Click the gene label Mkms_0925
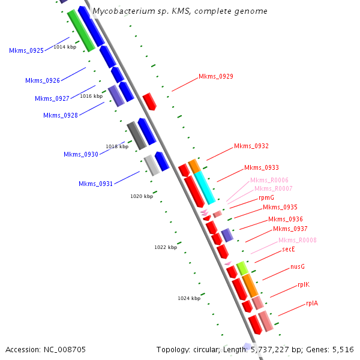pyautogui.click(x=26, y=51)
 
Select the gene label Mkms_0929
pyautogui.click(x=216, y=77)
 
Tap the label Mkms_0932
pyautogui.click(x=251, y=146)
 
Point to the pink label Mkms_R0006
pyautogui.click(x=269, y=180)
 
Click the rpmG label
pyautogui.click(x=266, y=197)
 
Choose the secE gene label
pyautogui.click(x=289, y=250)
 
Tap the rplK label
pyautogui.click(x=304, y=284)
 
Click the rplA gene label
pyautogui.click(x=312, y=303)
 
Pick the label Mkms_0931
pyautogui.click(x=95, y=184)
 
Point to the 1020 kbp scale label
pyautogui.click(x=142, y=196)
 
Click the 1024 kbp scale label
pyautogui.click(x=188, y=298)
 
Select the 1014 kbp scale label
pyautogui.click(x=65, y=46)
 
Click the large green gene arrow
pyautogui.click(x=80, y=30)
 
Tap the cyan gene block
pyautogui.click(x=204, y=187)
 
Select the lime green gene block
pyautogui.click(x=242, y=268)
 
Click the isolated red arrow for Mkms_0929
pyautogui.click(x=149, y=101)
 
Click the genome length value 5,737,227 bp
pyautogui.click(x=269, y=349)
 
